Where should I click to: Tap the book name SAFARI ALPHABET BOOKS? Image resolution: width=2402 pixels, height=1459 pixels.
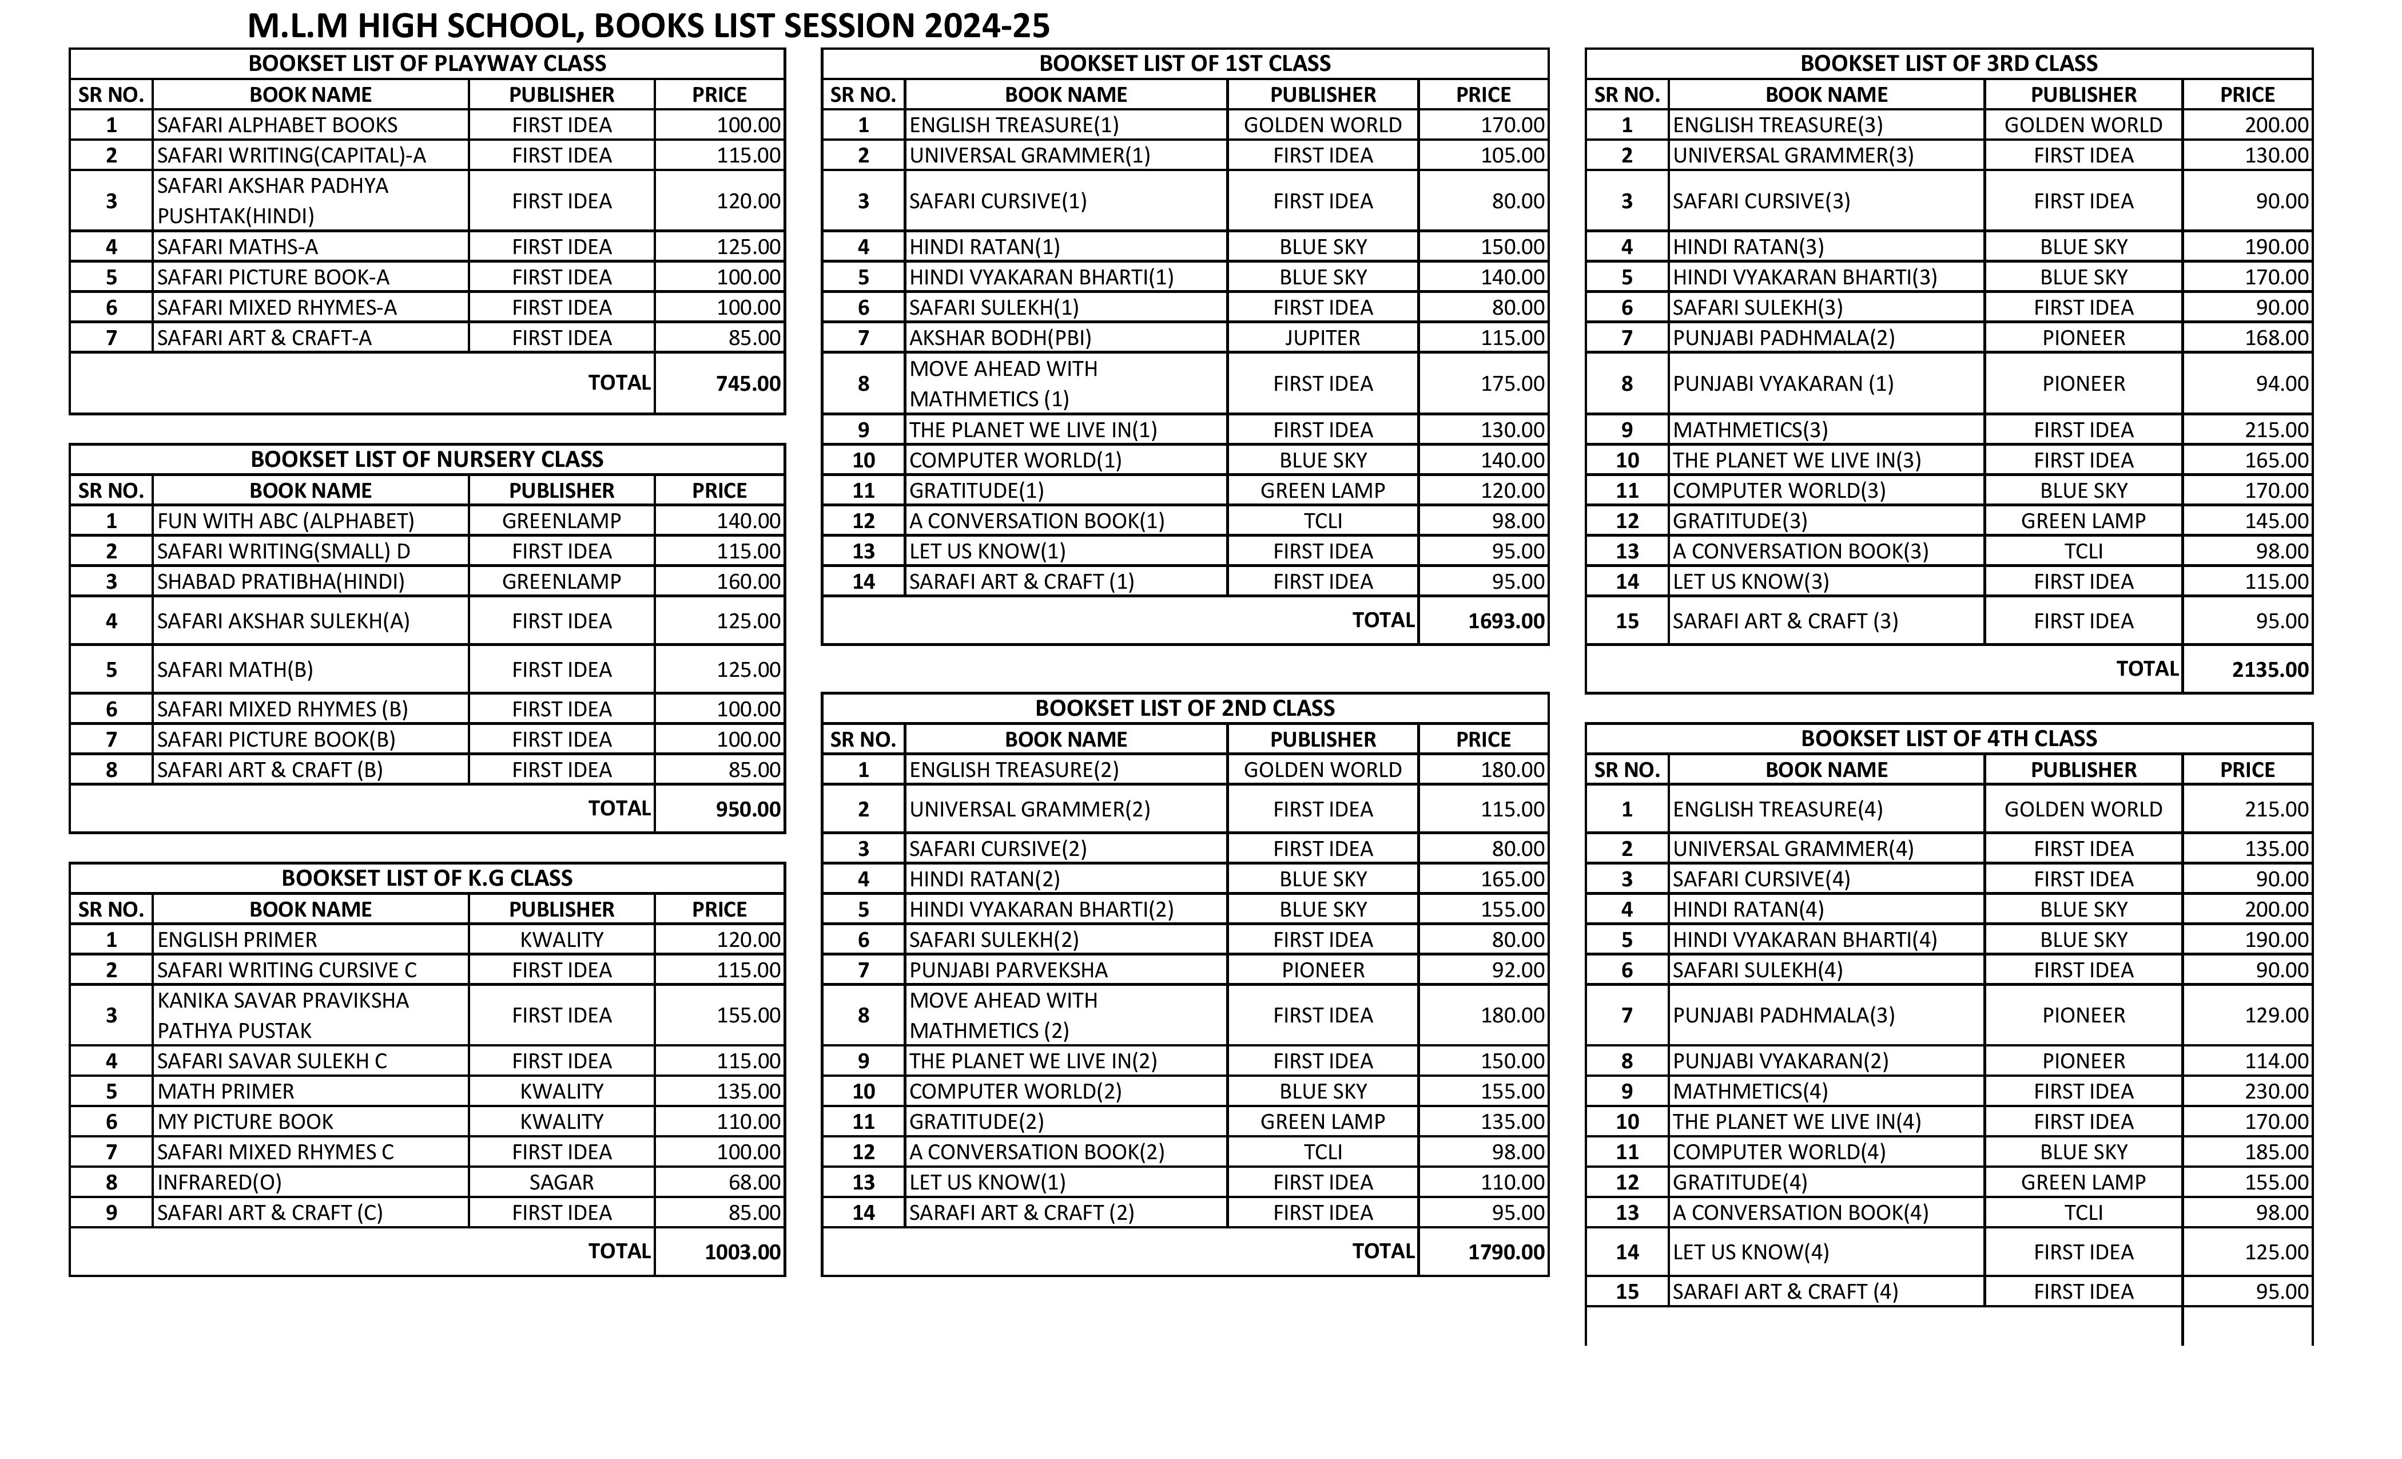point(278,125)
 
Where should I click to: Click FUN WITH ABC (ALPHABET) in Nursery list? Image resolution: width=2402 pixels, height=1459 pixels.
point(285,521)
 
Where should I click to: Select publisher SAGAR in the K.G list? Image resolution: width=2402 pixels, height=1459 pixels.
point(562,1182)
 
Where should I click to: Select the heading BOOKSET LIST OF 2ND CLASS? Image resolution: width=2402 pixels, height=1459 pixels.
point(1184,708)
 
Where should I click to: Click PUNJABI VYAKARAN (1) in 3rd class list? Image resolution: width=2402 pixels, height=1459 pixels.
point(1783,383)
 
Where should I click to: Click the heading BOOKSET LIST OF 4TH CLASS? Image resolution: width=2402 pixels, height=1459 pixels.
point(1948,738)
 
